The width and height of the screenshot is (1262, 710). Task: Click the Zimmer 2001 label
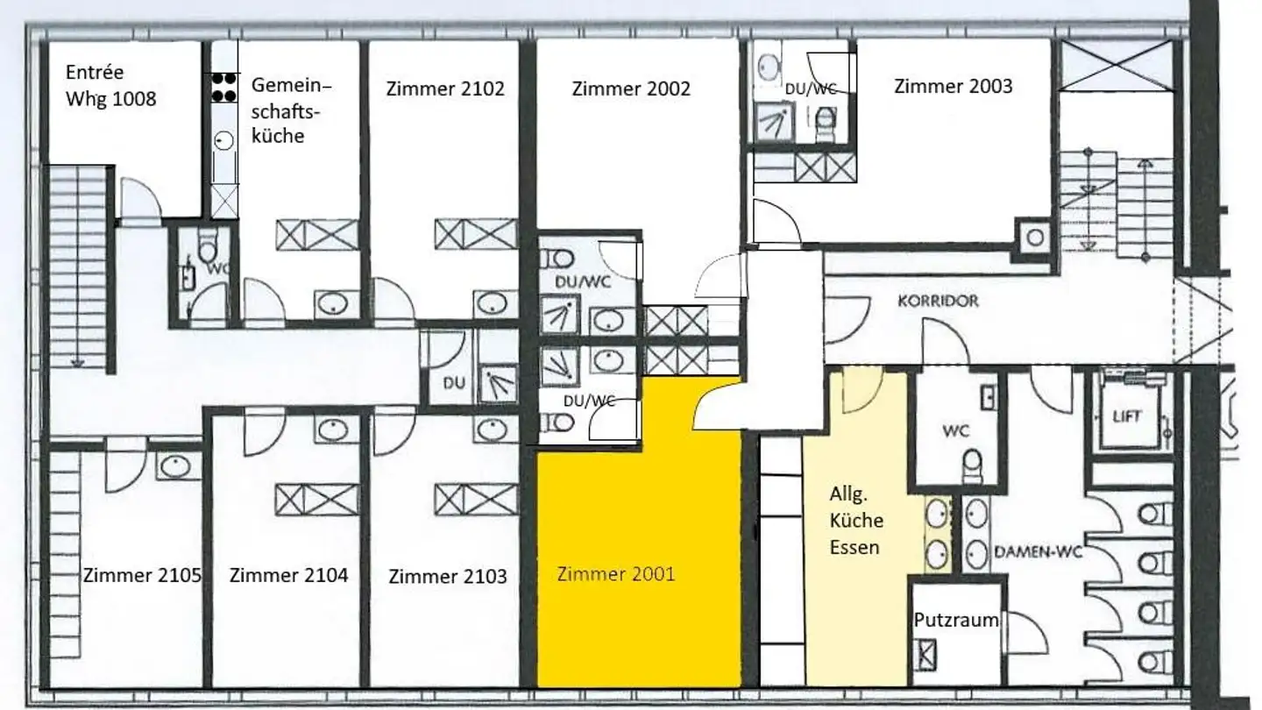616,574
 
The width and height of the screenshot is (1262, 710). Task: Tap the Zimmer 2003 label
954,86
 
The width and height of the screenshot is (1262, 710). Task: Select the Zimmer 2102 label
445,89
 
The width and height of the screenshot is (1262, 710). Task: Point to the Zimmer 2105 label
142,575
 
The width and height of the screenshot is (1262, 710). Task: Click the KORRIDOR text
939,301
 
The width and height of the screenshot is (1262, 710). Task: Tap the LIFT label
1127,417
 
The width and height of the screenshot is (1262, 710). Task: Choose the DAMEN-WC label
1039,552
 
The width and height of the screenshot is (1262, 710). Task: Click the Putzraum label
956,620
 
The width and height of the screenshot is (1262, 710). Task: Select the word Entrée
94,72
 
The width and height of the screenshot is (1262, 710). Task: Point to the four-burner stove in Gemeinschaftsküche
224,88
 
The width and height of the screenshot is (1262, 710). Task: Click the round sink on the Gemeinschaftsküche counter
224,140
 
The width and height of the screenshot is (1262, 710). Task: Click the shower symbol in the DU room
498,384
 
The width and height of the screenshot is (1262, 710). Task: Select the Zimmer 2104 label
288,575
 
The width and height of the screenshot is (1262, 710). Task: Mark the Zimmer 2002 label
631,89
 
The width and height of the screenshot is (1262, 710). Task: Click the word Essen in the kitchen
854,547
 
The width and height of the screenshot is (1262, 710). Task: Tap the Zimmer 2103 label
448,577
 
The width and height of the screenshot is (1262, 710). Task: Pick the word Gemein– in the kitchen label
291,85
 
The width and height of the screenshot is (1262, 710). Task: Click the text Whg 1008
111,98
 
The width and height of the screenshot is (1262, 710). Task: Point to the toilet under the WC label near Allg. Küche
973,465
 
